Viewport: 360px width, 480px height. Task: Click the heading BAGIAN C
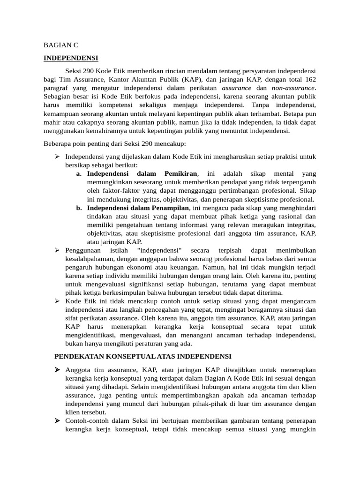[61, 45]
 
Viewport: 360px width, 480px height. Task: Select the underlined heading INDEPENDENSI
[71, 58]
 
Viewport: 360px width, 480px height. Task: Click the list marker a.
[79, 174]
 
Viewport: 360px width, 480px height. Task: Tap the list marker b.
[79, 208]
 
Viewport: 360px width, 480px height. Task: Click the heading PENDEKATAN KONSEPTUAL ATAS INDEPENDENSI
[143, 357]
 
